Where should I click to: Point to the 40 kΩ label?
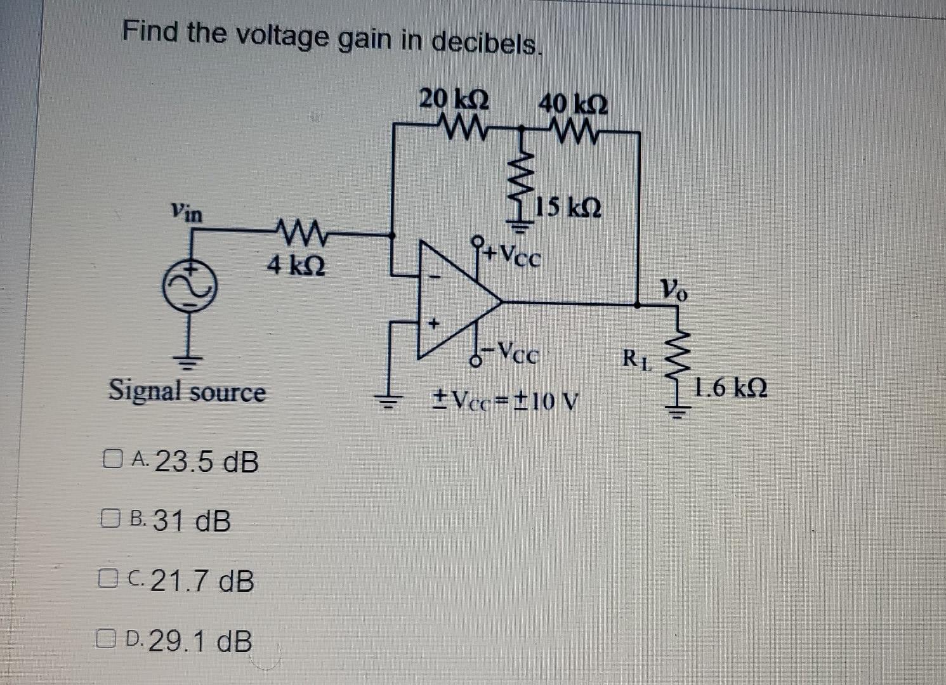pyautogui.click(x=573, y=104)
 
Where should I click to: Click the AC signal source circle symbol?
pyautogui.click(x=190, y=285)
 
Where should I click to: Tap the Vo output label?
pyautogui.click(x=674, y=288)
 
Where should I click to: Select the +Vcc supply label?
pyautogui.click(x=512, y=255)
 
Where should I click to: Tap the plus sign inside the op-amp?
pyautogui.click(x=434, y=324)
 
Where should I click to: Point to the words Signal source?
pyautogui.click(x=187, y=391)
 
